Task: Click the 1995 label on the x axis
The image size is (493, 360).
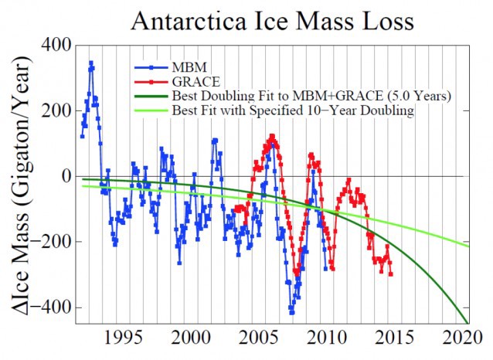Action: [x=124, y=339]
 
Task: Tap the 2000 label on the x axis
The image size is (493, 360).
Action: [x=192, y=339]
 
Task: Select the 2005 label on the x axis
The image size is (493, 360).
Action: [x=260, y=339]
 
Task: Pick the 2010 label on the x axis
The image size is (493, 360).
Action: [x=329, y=339]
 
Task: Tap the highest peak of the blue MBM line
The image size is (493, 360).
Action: [x=91, y=63]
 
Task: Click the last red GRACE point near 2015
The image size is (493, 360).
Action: [x=390, y=273]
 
